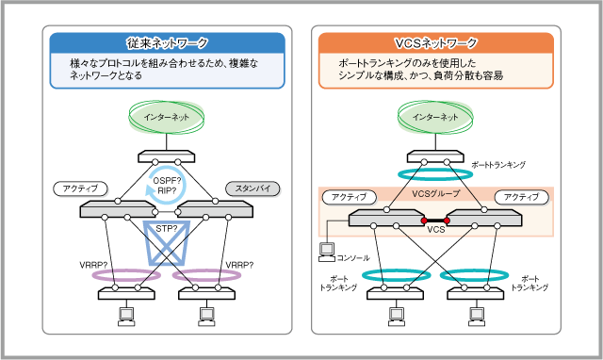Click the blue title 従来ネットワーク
(168, 43)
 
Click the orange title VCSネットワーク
(434, 43)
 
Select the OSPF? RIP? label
(167, 184)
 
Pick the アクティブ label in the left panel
(80, 188)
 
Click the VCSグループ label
(435, 195)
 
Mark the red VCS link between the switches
(435, 221)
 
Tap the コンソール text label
(353, 256)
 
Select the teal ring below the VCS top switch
(435, 174)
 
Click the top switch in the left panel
(167, 155)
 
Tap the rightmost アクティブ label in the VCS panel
(521, 197)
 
